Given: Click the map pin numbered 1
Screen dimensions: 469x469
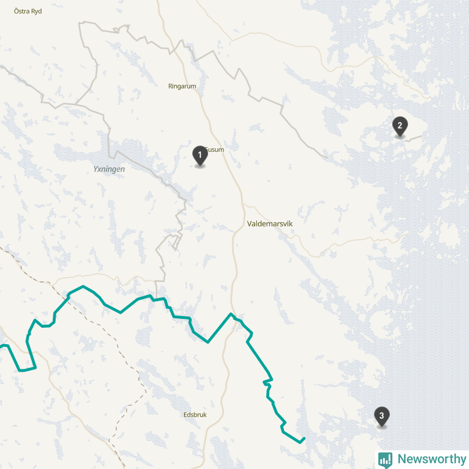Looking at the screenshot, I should click(x=200, y=155).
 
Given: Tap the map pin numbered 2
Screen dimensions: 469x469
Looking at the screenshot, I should click(x=399, y=125).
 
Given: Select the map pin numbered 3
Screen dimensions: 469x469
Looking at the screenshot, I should click(x=382, y=416).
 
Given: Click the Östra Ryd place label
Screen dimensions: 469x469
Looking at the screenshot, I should click(x=28, y=11).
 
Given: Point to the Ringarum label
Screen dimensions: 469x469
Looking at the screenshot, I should click(x=182, y=86).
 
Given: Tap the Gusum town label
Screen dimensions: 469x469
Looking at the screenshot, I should click(x=216, y=149).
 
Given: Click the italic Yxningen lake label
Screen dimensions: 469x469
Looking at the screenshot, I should click(x=109, y=169).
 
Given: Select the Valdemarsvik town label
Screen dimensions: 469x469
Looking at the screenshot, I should click(x=270, y=224).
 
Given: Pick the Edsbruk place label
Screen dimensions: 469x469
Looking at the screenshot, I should click(x=195, y=414).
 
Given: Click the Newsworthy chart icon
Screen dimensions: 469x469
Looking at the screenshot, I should click(x=385, y=460).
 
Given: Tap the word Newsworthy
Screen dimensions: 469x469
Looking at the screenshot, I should click(x=431, y=459).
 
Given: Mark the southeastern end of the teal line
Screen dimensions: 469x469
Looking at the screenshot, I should click(x=304, y=439).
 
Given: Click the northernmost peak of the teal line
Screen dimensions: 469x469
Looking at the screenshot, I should click(x=84, y=287).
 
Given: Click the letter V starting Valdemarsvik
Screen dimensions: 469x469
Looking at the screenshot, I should click(x=250, y=224).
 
